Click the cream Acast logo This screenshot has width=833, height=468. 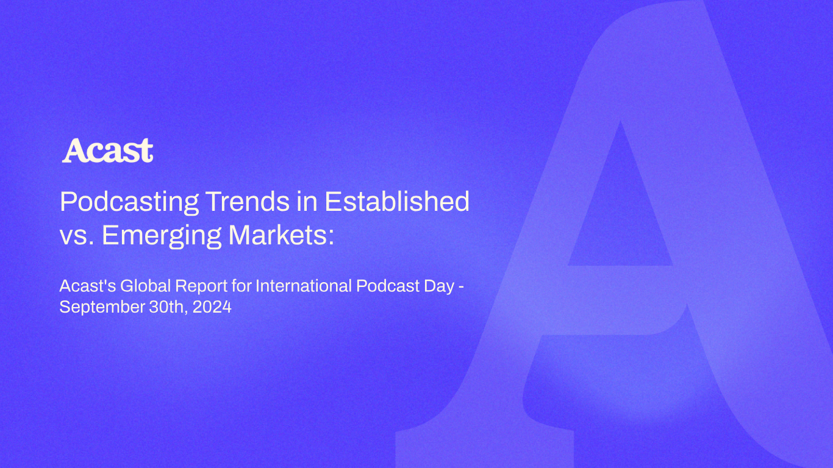pos(107,151)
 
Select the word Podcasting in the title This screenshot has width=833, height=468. pos(129,202)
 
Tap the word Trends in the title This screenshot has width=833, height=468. pos(248,202)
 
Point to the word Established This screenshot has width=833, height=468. pos(397,202)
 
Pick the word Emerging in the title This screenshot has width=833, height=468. pos(162,236)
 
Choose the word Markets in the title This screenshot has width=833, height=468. pos(277,235)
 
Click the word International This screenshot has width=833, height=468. pos(304,286)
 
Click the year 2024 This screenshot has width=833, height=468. pos(212,307)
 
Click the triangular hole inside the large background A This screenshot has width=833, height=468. pos(620,216)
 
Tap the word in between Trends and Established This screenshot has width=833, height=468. pos(307,202)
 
